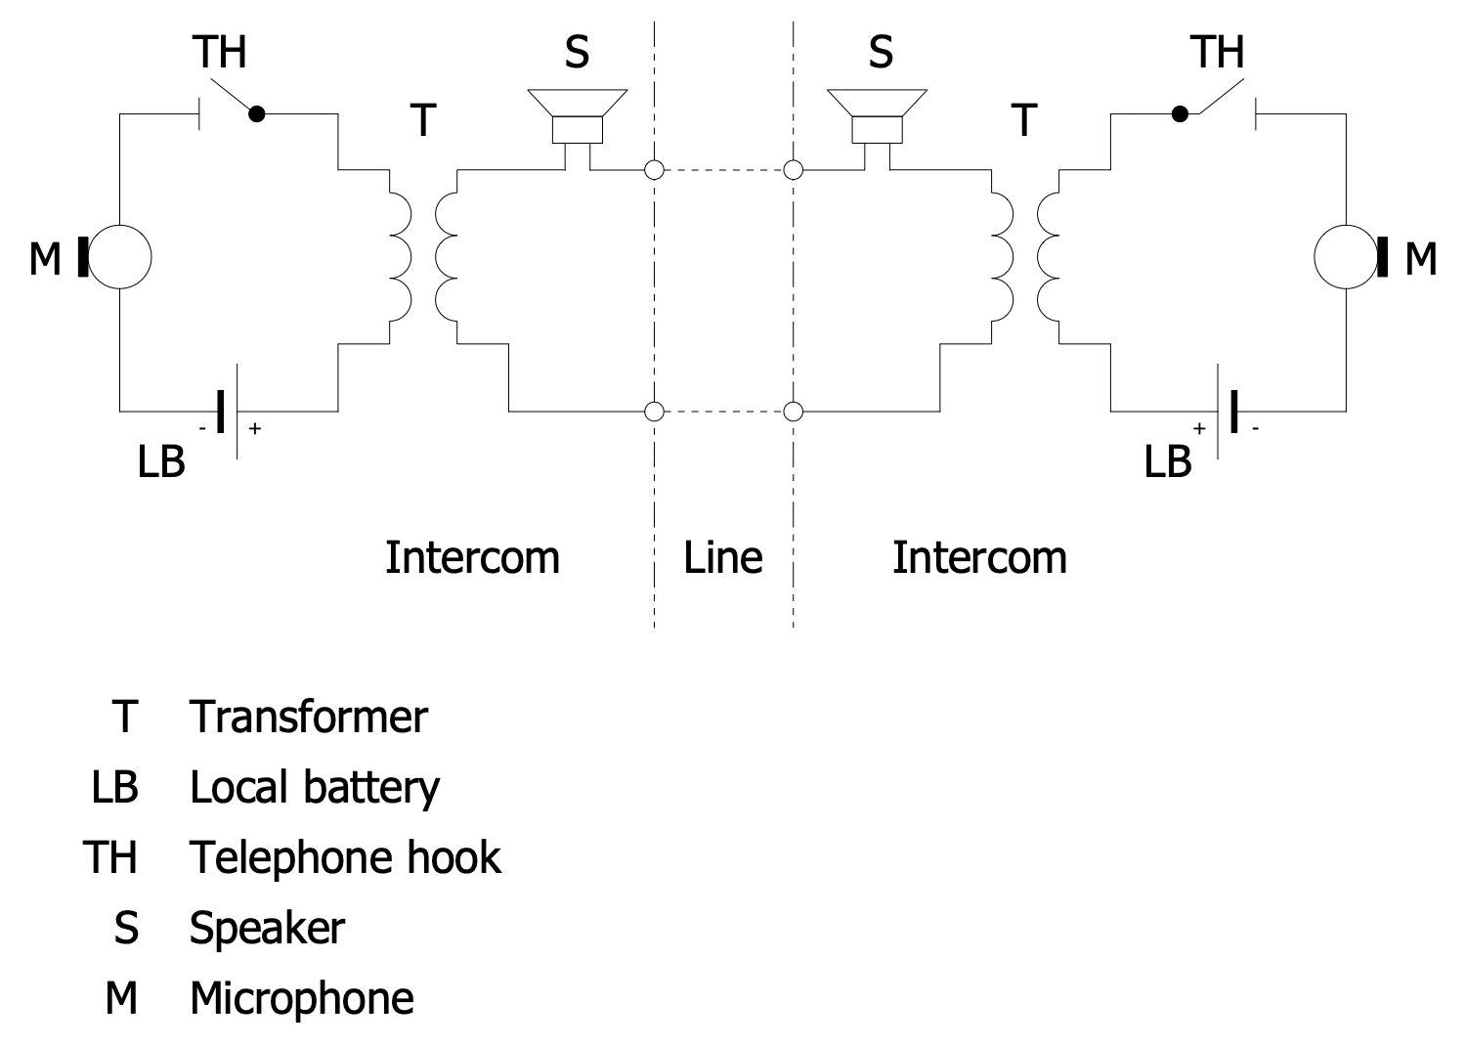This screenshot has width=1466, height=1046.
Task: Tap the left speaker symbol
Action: tap(577, 115)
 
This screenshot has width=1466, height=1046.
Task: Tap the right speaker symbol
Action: tap(877, 115)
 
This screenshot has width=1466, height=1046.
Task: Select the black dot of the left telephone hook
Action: tap(257, 114)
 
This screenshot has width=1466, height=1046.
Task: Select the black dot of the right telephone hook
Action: tap(1181, 114)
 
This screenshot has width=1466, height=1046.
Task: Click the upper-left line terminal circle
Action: tap(654, 171)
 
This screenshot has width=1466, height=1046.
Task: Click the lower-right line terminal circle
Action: tap(794, 412)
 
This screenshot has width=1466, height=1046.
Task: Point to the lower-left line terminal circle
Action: tap(654, 412)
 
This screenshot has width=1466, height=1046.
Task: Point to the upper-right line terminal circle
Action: tap(794, 171)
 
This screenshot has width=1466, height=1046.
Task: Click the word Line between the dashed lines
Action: tap(722, 557)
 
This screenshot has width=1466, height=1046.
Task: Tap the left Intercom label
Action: tap(472, 557)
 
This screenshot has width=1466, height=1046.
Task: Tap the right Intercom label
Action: tap(979, 557)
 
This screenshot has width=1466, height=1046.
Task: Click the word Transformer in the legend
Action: tap(308, 717)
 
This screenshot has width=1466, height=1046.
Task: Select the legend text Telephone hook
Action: tap(345, 857)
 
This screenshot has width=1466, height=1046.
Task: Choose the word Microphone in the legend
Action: tap(301, 998)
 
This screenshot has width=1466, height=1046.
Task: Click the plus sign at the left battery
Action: tap(255, 428)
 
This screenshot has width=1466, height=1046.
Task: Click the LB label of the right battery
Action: tap(1168, 461)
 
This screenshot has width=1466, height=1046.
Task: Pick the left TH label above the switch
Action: tap(220, 51)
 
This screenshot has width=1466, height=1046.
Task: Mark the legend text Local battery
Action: tap(314, 787)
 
